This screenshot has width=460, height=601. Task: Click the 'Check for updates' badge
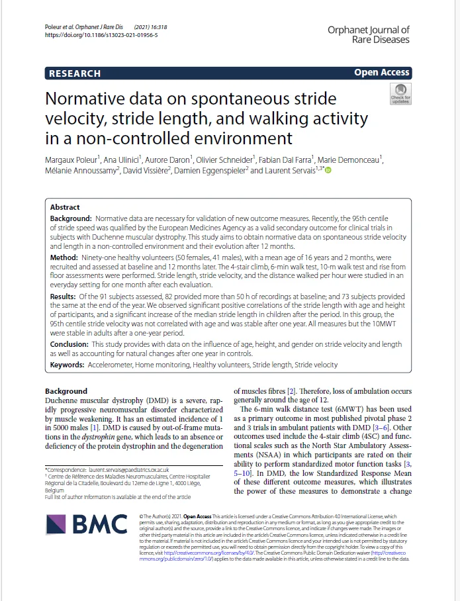(400, 94)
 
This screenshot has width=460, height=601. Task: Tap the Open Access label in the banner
(382, 73)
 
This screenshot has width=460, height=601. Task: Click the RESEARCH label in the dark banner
(75, 73)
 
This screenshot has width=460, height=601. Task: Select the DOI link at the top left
(101, 35)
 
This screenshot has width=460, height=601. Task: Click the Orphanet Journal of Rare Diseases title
(368, 34)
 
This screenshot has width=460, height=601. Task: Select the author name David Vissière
(150, 171)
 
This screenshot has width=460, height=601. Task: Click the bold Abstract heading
(65, 207)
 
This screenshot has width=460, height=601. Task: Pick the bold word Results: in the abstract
(66, 297)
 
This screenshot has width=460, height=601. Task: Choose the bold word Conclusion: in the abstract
(70, 345)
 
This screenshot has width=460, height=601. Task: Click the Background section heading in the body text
(66, 391)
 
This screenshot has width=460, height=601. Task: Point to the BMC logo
(86, 525)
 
